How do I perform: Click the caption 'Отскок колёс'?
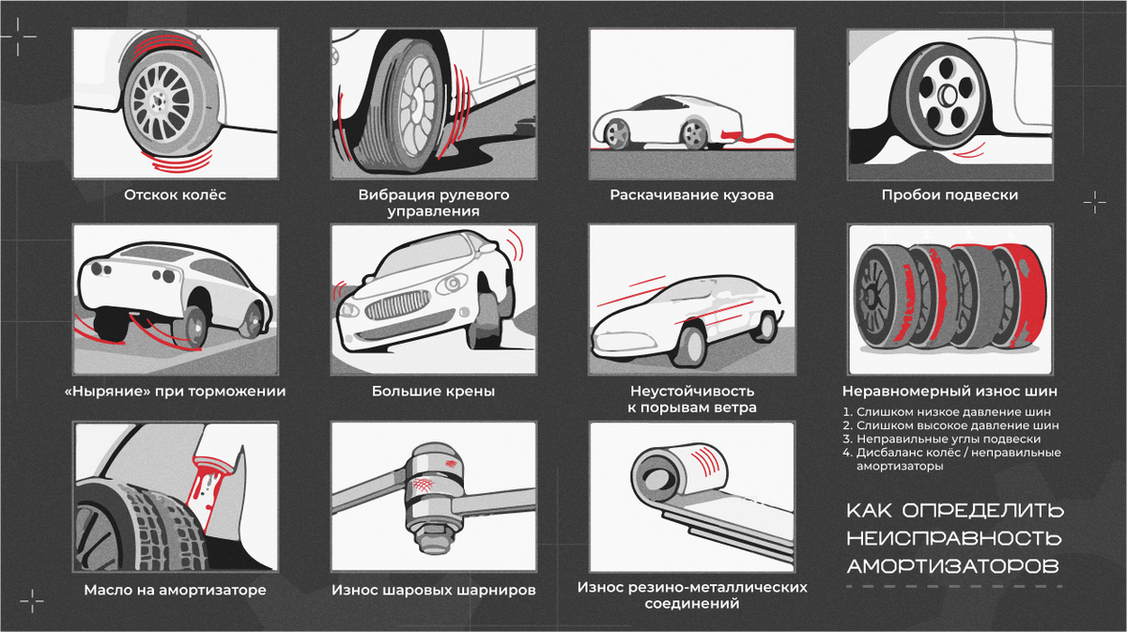[176, 195]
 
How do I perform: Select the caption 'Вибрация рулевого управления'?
[433, 203]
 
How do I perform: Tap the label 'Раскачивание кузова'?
[691, 195]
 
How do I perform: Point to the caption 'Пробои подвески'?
[949, 195]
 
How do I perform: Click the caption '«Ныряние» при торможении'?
[176, 391]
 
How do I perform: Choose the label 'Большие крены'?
[433, 391]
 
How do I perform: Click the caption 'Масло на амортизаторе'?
[176, 591]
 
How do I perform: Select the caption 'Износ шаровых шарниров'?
[433, 591]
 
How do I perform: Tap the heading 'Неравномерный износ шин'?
[949, 391]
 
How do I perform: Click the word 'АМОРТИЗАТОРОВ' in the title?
[952, 566]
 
